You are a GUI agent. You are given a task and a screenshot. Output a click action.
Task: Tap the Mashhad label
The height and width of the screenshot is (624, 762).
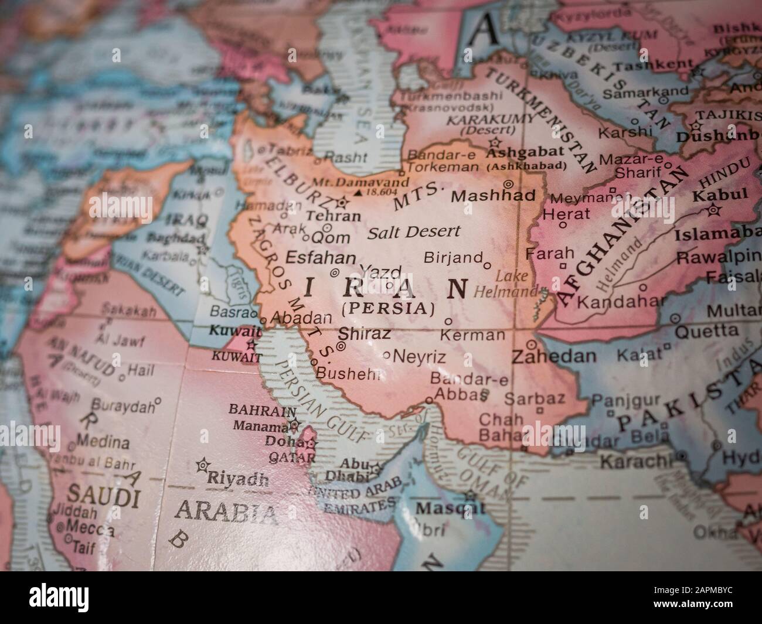[492, 196]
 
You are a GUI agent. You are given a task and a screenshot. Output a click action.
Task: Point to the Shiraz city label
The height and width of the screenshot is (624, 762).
[364, 334]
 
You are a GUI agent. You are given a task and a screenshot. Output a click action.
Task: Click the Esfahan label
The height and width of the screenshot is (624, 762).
[320, 258]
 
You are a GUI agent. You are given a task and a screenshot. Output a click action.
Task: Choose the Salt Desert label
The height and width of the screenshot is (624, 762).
[414, 232]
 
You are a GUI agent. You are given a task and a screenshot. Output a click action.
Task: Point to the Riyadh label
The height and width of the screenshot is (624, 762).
[238, 479]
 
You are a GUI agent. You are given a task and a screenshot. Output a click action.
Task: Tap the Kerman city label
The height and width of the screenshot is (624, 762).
[472, 335]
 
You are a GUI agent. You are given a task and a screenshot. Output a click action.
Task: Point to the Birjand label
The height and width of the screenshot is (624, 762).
[453, 257]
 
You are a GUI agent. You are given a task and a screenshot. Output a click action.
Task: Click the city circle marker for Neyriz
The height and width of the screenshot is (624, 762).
[386, 355]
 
